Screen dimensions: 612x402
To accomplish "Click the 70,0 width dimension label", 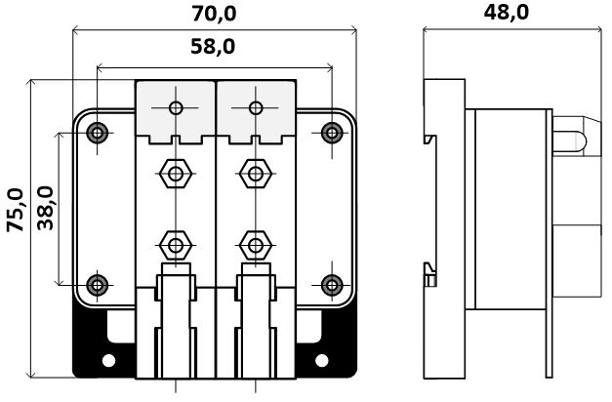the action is pos(215,14).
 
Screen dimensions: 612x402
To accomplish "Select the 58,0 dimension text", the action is pos(213,47).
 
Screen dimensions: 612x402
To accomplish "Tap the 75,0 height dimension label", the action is pos(16,210).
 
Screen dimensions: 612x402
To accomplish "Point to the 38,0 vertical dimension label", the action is pos(45,208).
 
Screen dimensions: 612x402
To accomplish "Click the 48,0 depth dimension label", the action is pos(507,12).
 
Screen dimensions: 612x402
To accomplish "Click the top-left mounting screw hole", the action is pos(98,133).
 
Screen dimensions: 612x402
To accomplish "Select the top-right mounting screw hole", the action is pos(332,133).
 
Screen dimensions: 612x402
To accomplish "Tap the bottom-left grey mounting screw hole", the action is pos(98,285).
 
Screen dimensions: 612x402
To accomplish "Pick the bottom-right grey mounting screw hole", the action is pos(332,285).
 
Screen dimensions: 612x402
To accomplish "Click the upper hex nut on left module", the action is pos(176,174).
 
